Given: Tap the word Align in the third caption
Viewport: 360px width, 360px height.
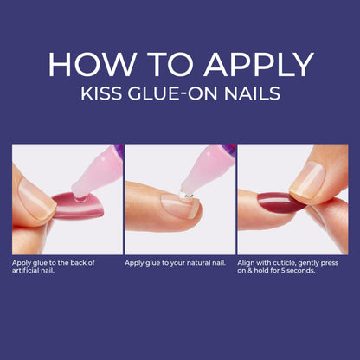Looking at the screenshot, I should coord(247,261).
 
